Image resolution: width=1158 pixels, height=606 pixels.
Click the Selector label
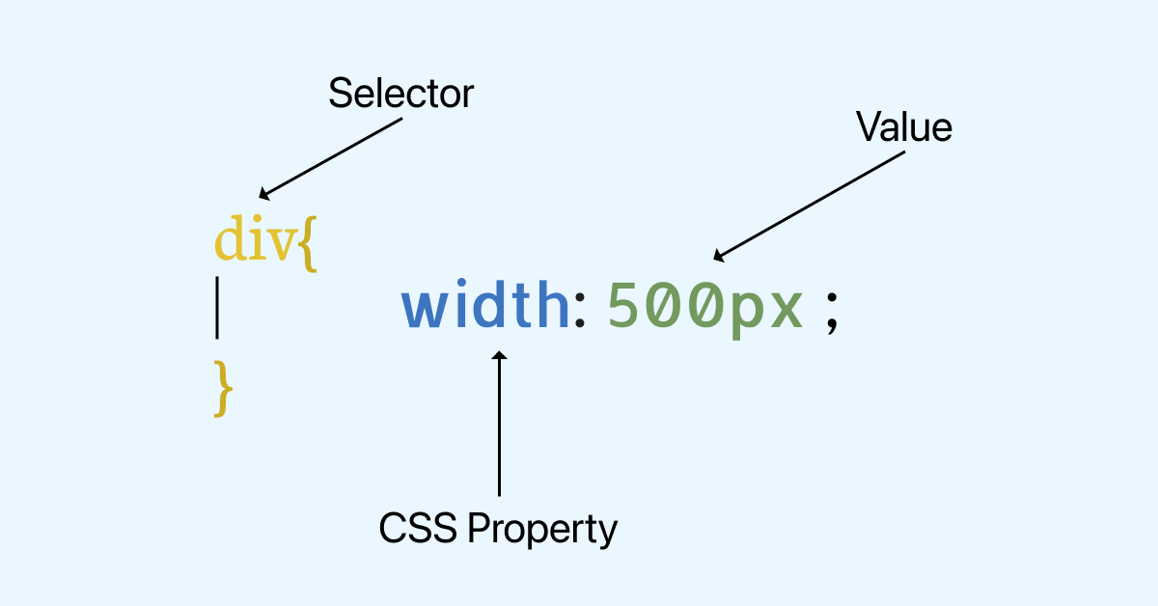tap(400, 94)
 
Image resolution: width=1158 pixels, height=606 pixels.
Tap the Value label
tap(904, 126)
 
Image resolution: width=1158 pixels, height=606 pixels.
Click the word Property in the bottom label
tap(540, 531)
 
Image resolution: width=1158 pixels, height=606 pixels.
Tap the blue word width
tap(485, 306)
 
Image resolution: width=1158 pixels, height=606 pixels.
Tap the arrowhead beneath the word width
tap(499, 357)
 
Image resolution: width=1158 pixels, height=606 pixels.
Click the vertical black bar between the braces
tap(217, 308)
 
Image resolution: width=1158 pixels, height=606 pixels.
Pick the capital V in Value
tap(868, 126)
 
